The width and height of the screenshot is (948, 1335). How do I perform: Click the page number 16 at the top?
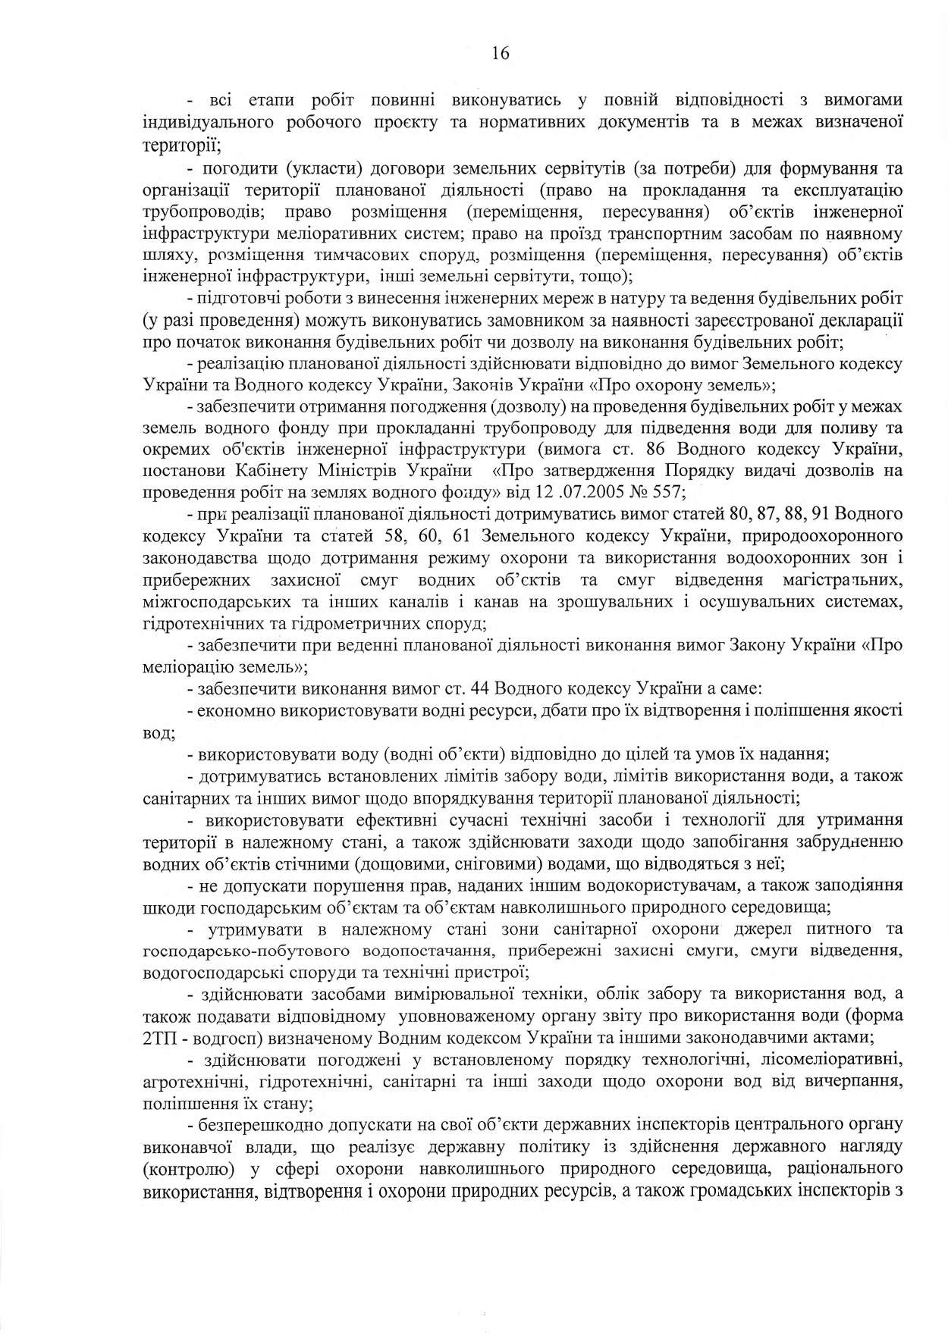click(x=500, y=53)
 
